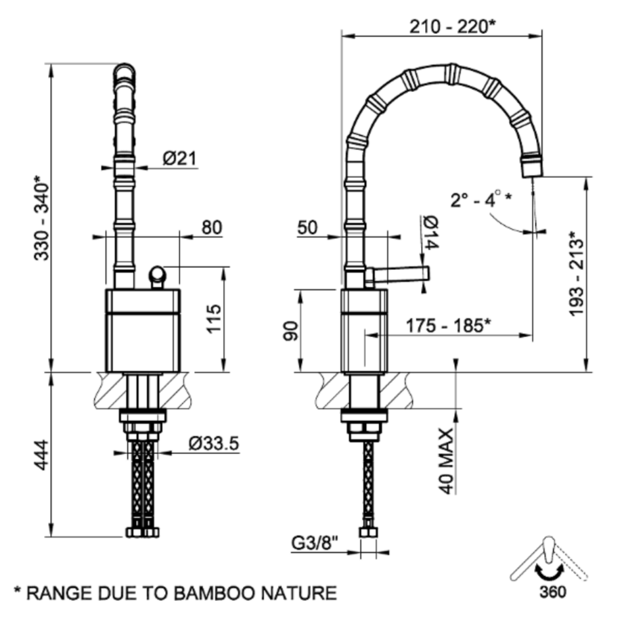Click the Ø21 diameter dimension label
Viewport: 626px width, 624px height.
tap(180, 158)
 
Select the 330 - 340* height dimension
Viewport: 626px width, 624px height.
tap(41, 218)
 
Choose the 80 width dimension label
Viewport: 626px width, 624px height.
tap(211, 227)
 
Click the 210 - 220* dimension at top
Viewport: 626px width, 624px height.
tap(453, 26)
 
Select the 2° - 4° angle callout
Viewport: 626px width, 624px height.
tap(481, 200)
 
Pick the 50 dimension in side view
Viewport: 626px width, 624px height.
tap(307, 228)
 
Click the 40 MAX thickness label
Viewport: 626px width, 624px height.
tap(445, 460)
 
